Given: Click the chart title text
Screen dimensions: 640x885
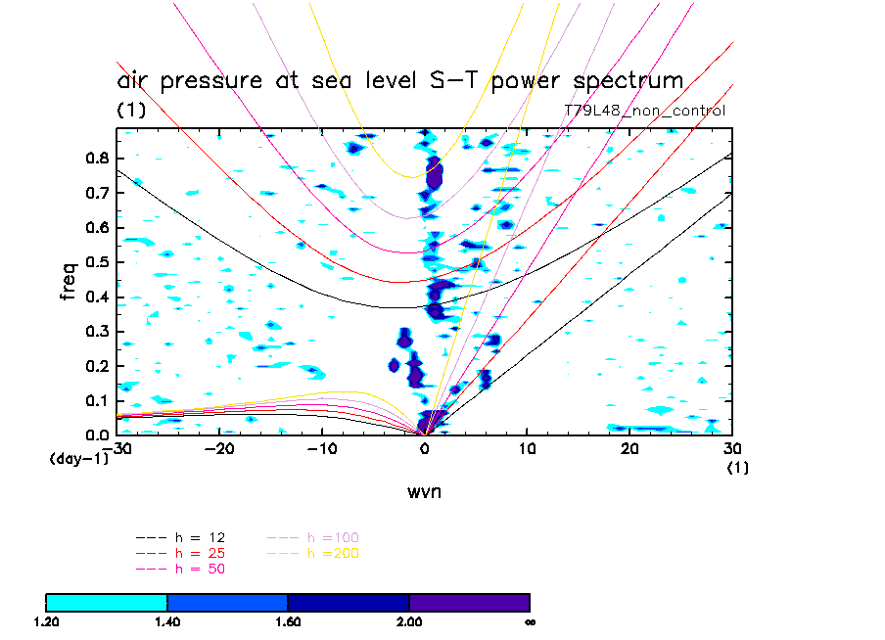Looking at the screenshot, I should (x=399, y=80).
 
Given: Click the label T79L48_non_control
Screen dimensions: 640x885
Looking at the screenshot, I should (x=645, y=111).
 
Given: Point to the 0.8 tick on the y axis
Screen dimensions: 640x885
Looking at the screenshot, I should (x=98, y=159).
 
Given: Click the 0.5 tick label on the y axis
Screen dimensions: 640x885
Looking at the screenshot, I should (x=98, y=262).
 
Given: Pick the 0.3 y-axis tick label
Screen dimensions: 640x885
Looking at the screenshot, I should (x=98, y=332).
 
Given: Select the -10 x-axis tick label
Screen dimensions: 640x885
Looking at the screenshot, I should (x=323, y=449).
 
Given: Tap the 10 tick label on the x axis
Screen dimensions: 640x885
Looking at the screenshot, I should (x=527, y=449).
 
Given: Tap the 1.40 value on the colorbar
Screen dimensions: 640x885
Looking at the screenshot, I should (x=167, y=621).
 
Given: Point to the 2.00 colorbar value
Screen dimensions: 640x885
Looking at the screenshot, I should (x=409, y=621).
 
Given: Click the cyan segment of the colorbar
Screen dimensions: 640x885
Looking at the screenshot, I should (x=107, y=602).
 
